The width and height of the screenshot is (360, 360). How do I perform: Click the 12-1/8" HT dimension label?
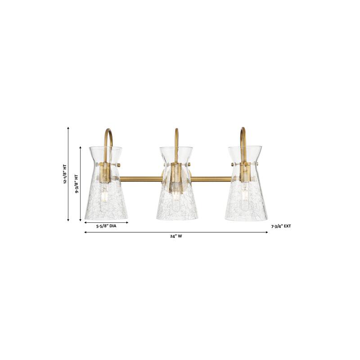[65, 175]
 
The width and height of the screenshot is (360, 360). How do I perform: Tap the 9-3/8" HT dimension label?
[76, 184]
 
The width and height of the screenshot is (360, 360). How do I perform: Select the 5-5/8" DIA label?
[106, 228]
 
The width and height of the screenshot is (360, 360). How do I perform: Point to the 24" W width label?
[176, 237]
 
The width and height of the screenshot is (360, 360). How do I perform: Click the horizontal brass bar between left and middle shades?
[139, 179]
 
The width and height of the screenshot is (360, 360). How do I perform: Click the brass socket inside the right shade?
[245, 173]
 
